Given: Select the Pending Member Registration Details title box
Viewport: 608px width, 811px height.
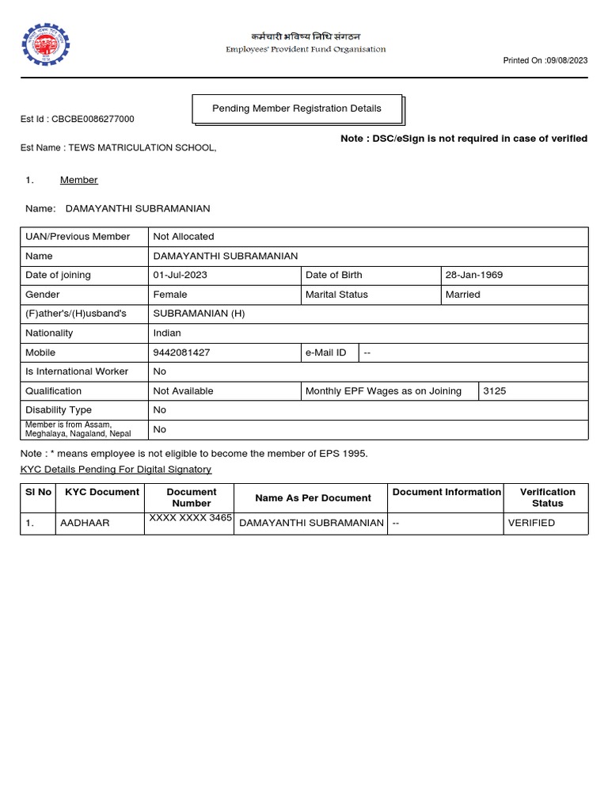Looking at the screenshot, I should point(297,109).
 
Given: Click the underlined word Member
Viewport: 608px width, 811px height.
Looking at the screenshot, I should point(78,181).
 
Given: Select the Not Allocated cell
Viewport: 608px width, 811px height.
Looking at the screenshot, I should point(184,237).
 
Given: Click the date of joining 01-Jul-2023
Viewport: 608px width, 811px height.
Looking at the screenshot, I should point(181,276).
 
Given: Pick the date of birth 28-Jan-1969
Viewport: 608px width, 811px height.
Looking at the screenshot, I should point(474,276).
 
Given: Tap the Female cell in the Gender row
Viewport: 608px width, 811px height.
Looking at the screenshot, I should point(170,295).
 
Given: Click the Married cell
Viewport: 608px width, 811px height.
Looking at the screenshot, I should point(463,295).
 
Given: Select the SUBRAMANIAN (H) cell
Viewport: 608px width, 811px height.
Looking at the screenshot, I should point(199,314).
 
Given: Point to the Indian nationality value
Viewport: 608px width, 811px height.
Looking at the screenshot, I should point(167,333).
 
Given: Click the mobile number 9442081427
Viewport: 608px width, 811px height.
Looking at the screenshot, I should point(181,352).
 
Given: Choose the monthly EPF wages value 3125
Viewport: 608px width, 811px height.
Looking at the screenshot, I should point(494,391).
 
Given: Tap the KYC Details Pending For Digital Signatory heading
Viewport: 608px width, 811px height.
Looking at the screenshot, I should point(116,470).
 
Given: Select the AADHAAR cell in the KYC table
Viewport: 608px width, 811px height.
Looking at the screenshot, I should point(85,524).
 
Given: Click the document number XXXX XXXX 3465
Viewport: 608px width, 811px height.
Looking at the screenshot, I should point(190,518).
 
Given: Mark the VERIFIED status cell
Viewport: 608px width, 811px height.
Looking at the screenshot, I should point(531,524).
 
